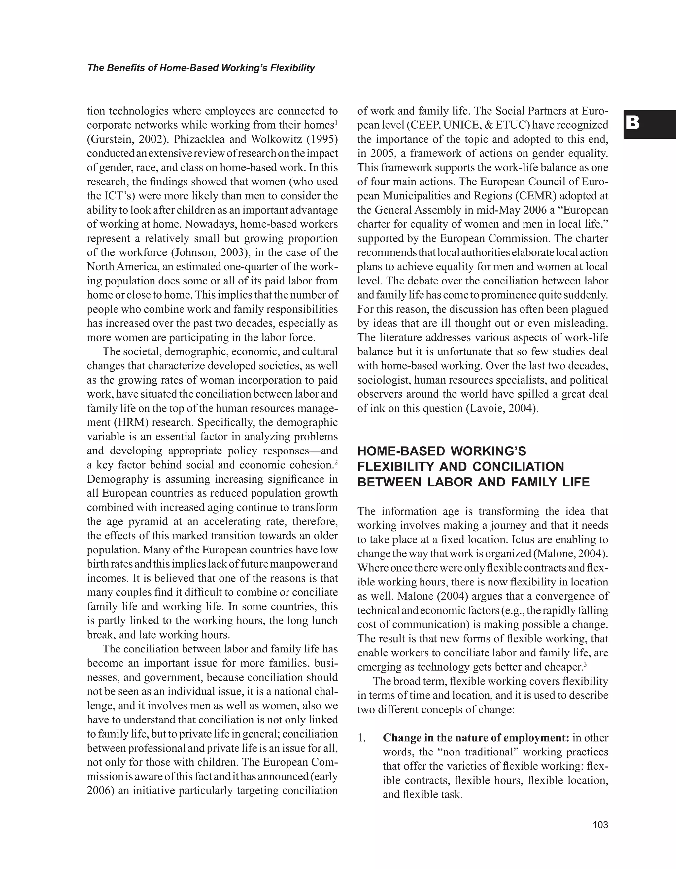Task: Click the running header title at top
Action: click(201, 68)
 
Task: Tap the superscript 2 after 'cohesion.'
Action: click(336, 462)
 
